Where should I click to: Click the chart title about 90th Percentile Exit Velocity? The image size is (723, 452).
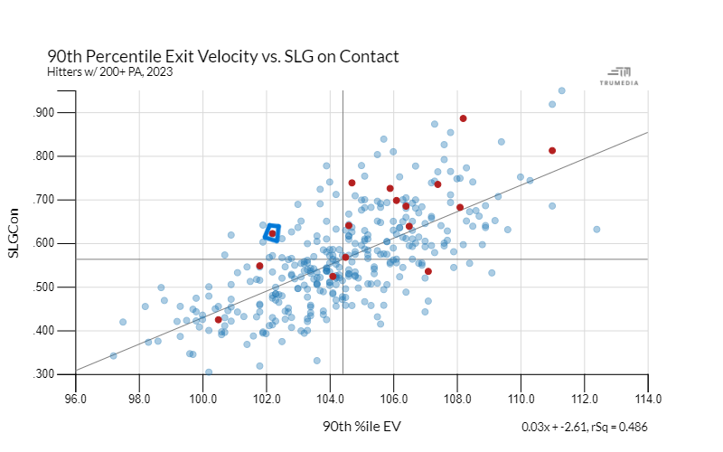(x=222, y=56)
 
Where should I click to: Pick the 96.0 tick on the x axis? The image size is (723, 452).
(x=75, y=397)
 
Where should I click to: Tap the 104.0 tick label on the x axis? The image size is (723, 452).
(x=330, y=397)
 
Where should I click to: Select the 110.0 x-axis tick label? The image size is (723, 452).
(x=521, y=397)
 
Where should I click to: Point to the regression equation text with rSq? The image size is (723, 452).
(x=585, y=427)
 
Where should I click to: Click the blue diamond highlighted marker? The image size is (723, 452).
(x=272, y=233)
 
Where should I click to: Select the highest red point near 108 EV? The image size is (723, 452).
(x=463, y=118)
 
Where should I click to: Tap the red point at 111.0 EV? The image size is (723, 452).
(x=552, y=151)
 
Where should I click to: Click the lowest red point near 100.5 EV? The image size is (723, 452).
(x=219, y=320)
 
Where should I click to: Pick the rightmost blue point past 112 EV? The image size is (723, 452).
(x=596, y=230)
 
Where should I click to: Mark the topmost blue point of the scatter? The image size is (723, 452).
(x=561, y=90)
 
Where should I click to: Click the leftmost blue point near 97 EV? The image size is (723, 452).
(x=114, y=355)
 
